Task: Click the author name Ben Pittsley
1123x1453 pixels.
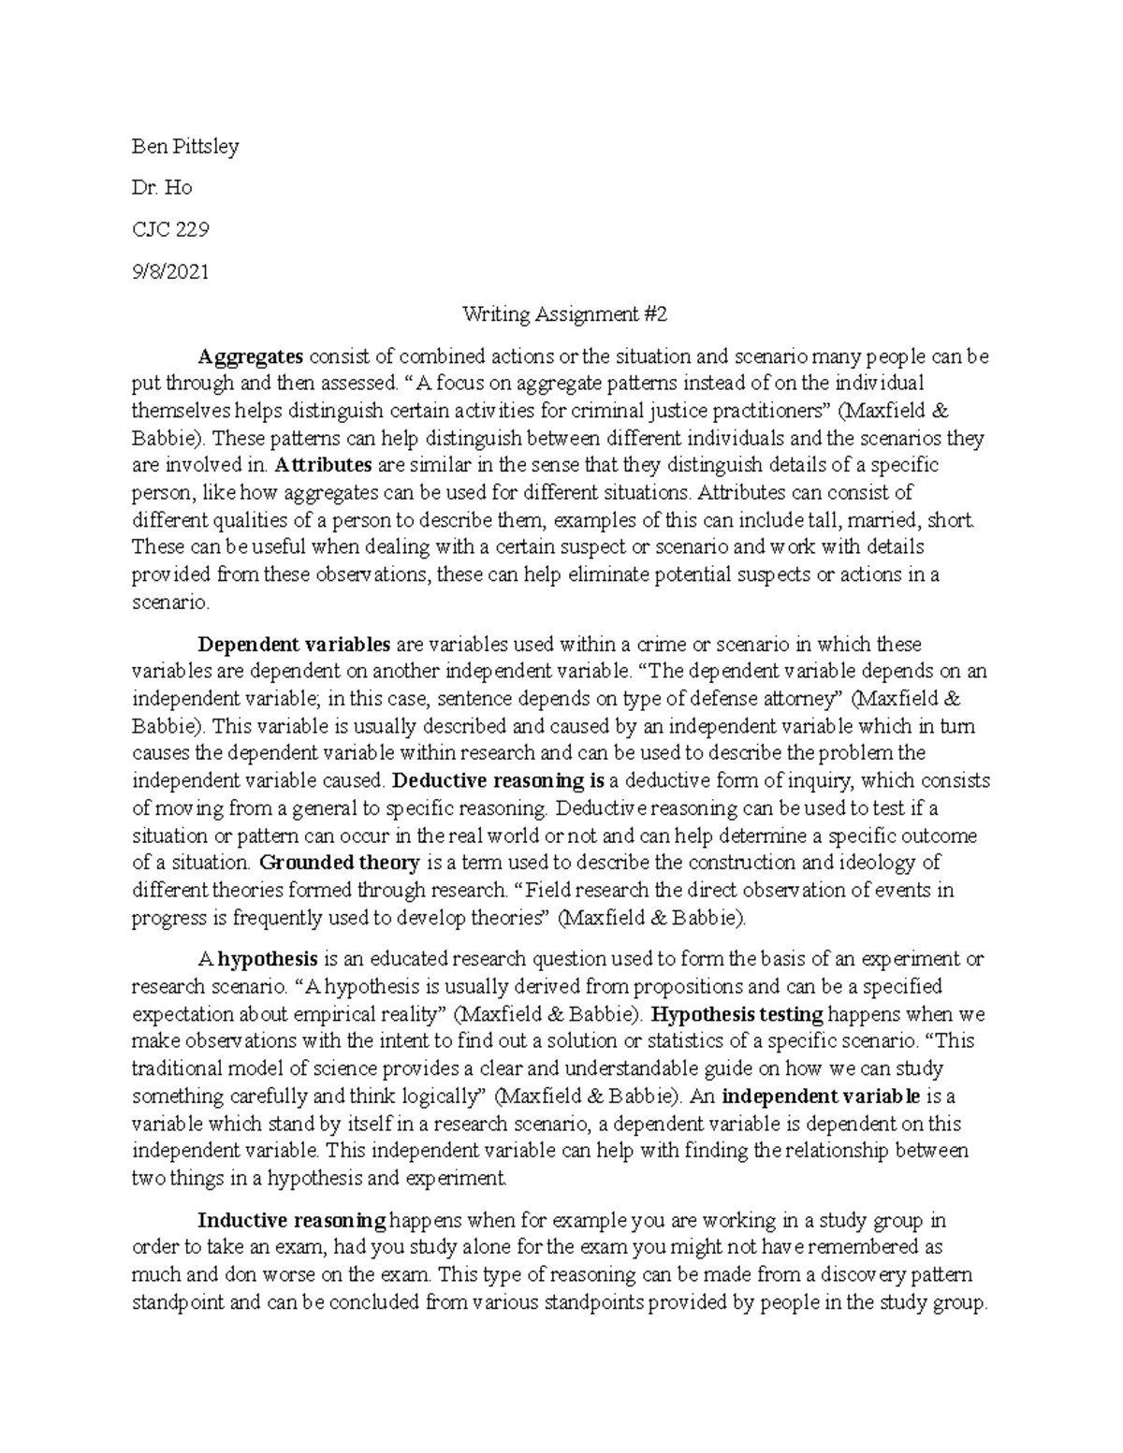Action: tap(185, 147)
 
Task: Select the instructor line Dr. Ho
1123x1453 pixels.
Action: tap(162, 188)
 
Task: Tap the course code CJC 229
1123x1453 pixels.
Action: tap(170, 230)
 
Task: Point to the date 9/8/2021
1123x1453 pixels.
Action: tap(170, 272)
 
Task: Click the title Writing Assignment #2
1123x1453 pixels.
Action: tap(565, 314)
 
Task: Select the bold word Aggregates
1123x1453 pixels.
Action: tap(250, 356)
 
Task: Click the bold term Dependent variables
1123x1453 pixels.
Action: tap(294, 645)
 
